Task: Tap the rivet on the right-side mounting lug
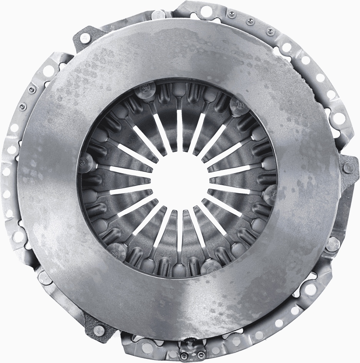click(x=349, y=167)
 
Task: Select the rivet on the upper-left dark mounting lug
click(x=81, y=37)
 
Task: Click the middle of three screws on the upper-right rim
click(x=240, y=17)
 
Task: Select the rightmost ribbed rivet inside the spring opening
click(x=270, y=192)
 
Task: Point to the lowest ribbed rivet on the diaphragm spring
click(x=211, y=265)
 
